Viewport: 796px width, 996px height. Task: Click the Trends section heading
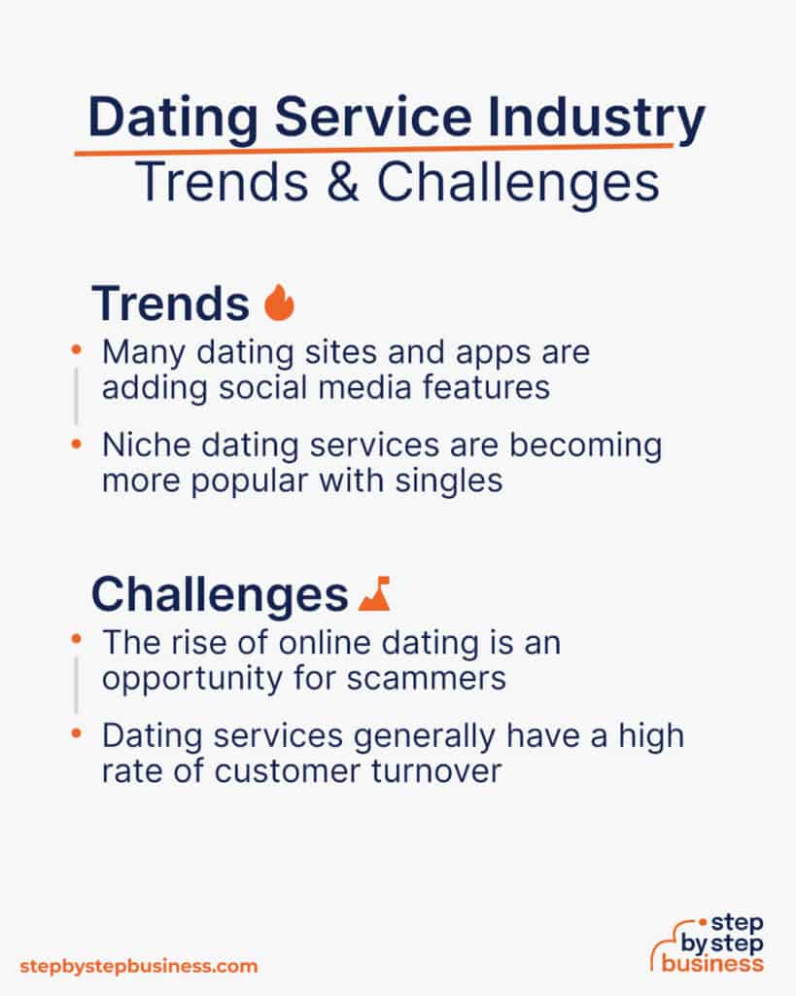(170, 304)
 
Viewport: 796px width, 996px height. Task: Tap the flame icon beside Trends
(279, 303)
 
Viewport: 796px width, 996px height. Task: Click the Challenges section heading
(220, 594)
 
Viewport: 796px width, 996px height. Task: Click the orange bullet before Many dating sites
(77, 347)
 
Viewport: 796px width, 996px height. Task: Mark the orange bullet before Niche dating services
(77, 444)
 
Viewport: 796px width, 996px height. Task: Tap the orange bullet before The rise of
(77, 640)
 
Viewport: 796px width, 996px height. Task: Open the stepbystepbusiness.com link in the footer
(139, 966)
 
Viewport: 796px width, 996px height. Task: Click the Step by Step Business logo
(709, 943)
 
